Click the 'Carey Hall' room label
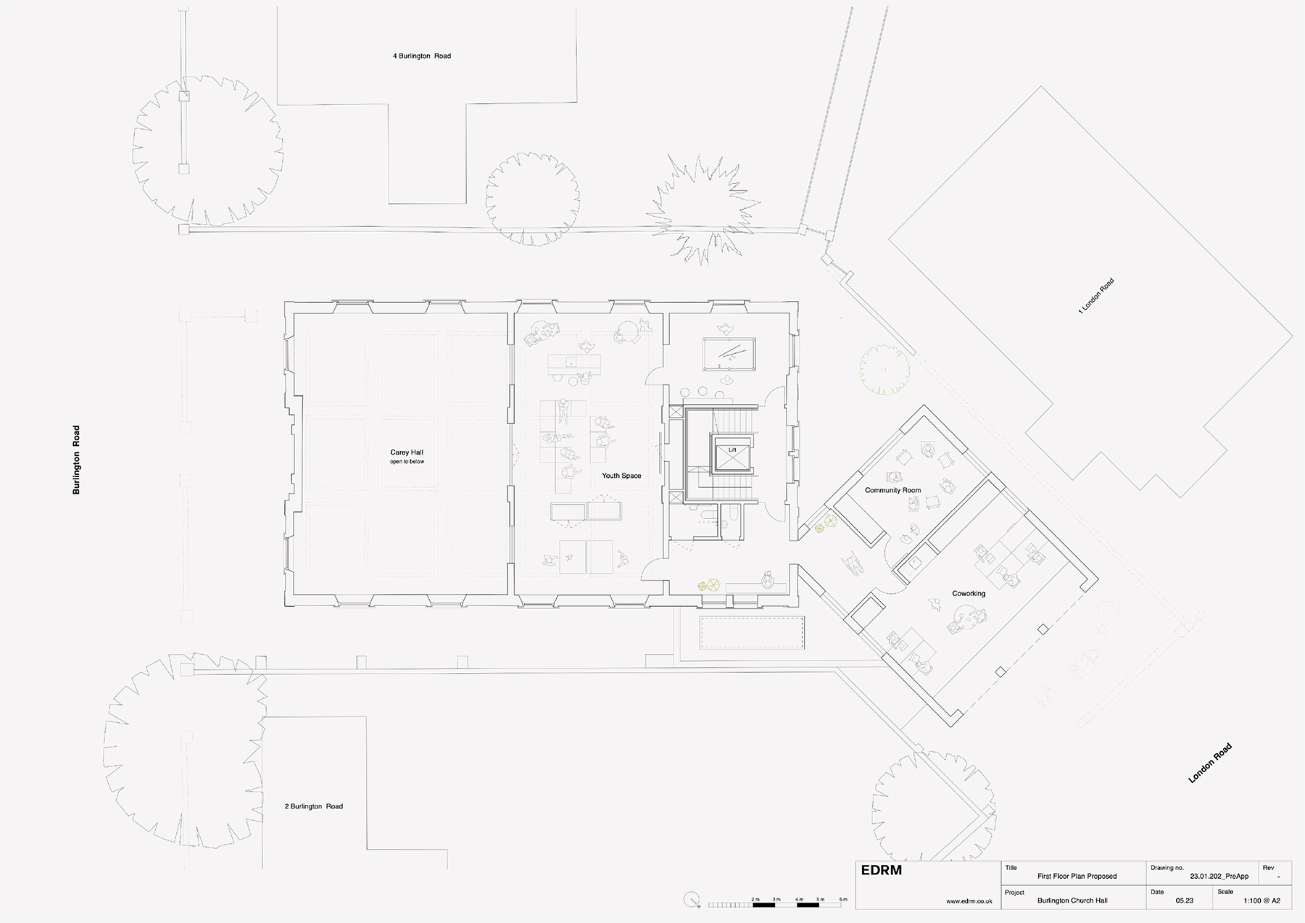click(407, 452)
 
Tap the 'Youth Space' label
click(621, 476)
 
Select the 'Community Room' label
click(892, 490)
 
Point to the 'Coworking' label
click(969, 594)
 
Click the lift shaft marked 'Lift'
click(732, 455)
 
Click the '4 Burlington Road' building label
click(422, 56)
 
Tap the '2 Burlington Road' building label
click(314, 806)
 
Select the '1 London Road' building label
click(1095, 296)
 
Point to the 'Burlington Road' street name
click(76, 460)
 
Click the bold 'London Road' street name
click(1210, 763)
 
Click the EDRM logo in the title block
click(882, 870)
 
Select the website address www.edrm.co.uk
click(969, 901)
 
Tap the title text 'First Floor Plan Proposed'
click(1077, 877)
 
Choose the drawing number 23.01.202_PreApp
click(1219, 877)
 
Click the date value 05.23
click(1185, 901)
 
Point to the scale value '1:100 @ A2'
click(1261, 901)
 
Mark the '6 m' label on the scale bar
click(843, 900)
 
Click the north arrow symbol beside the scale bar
click(693, 900)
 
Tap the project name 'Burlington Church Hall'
click(1072, 901)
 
